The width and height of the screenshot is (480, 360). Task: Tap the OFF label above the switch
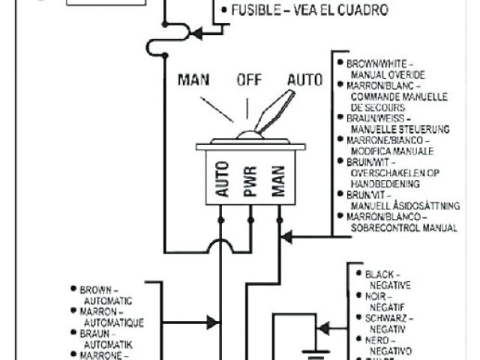pyautogui.click(x=248, y=80)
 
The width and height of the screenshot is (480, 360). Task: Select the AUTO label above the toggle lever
pyautogui.click(x=304, y=79)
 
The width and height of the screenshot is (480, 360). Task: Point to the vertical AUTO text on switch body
pyautogui.click(x=222, y=181)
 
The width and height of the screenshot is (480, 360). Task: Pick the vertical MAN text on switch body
pyautogui.click(x=280, y=181)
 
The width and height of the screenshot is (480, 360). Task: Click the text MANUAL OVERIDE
pyautogui.click(x=387, y=75)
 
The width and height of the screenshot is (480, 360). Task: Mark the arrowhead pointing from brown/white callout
pyautogui.click(x=286, y=237)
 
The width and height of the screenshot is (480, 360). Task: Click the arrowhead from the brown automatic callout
pyautogui.click(x=214, y=323)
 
